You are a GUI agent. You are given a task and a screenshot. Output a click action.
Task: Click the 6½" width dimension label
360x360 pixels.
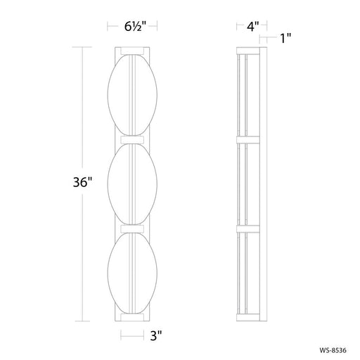(x=135, y=26)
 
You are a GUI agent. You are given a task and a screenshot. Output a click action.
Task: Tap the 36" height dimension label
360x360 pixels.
(x=83, y=182)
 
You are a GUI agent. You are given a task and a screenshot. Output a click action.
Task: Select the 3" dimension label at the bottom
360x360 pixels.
(x=156, y=335)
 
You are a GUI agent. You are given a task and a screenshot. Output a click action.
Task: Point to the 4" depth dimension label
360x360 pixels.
(x=252, y=26)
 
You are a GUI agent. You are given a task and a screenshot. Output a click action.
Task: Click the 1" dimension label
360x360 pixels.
(x=285, y=38)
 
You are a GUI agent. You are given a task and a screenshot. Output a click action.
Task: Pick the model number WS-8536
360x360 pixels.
(x=333, y=350)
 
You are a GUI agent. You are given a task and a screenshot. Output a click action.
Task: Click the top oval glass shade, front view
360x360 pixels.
(x=132, y=95)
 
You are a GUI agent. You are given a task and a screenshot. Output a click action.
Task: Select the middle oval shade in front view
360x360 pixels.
(x=132, y=184)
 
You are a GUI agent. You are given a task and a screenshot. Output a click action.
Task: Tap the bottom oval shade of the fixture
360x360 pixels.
(x=132, y=273)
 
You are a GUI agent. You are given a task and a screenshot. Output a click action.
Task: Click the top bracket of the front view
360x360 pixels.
(x=132, y=51)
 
